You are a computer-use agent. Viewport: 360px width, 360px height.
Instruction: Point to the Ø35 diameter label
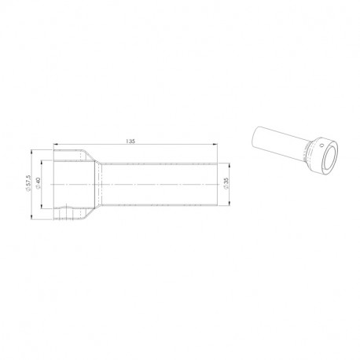pyautogui.click(x=227, y=184)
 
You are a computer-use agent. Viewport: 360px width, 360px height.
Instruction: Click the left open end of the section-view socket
pyautogui.click(x=54, y=185)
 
